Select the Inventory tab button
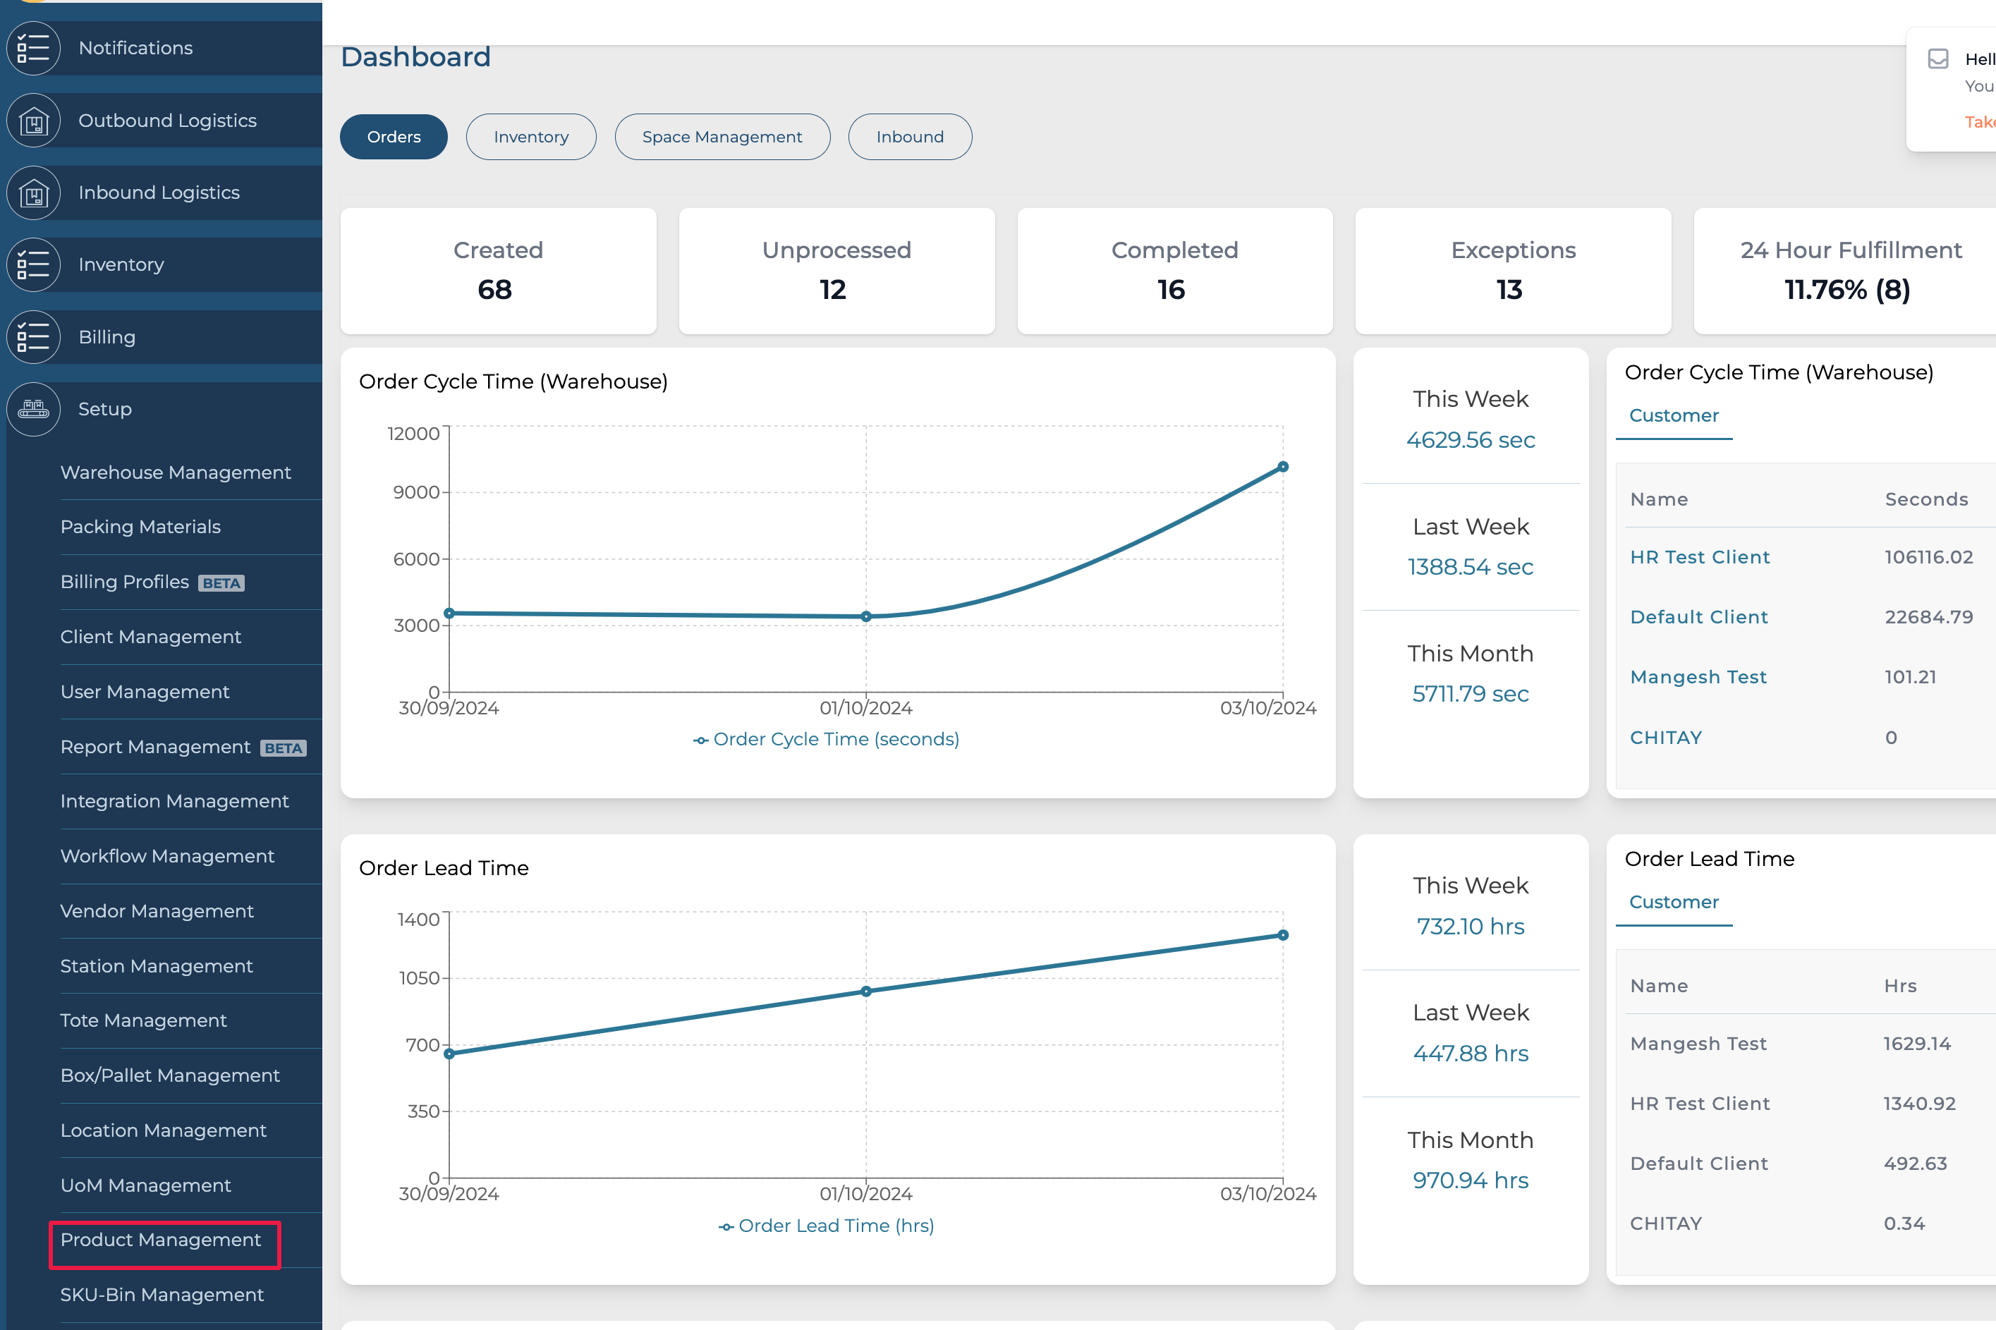click(531, 137)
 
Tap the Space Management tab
click(722, 137)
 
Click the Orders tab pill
click(394, 137)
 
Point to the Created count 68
click(494, 290)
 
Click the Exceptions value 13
click(1509, 290)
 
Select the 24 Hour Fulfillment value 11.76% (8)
click(1846, 290)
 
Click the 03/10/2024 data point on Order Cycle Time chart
click(1283, 467)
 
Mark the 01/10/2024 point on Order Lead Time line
click(866, 991)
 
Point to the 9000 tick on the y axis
click(415, 492)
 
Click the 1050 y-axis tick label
click(419, 978)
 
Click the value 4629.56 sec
click(1470, 439)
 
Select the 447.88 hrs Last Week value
click(1470, 1053)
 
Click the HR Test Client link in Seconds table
click(1699, 557)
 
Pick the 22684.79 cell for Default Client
click(1928, 616)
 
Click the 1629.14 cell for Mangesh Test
click(1916, 1043)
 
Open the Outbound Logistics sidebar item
click(167, 121)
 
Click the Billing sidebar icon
click(34, 337)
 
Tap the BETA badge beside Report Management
click(284, 748)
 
